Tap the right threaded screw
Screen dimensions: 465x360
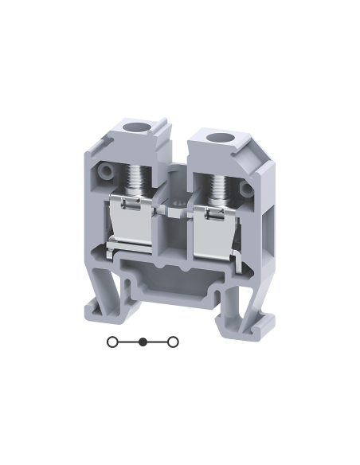tap(217, 188)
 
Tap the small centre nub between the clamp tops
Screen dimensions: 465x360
tap(173, 209)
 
